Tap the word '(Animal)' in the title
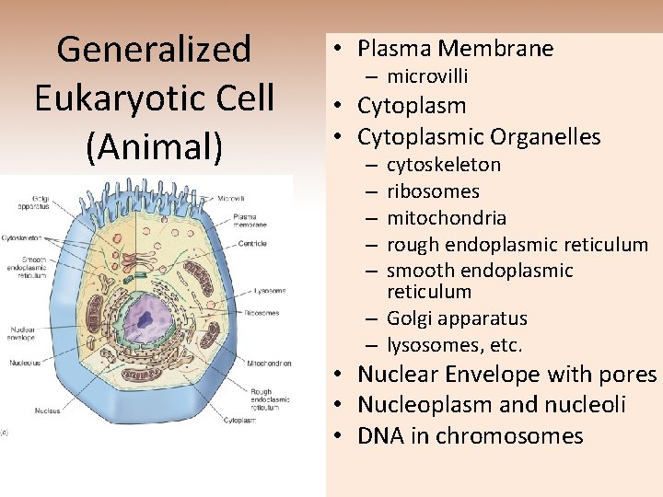[x=154, y=145]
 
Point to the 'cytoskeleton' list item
[x=444, y=165]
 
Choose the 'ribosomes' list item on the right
[x=433, y=191]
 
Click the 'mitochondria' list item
[x=447, y=218]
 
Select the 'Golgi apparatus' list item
[x=457, y=318]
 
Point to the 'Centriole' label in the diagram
[x=251, y=243]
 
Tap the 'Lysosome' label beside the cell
[x=268, y=290]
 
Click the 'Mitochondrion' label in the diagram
[x=269, y=364]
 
